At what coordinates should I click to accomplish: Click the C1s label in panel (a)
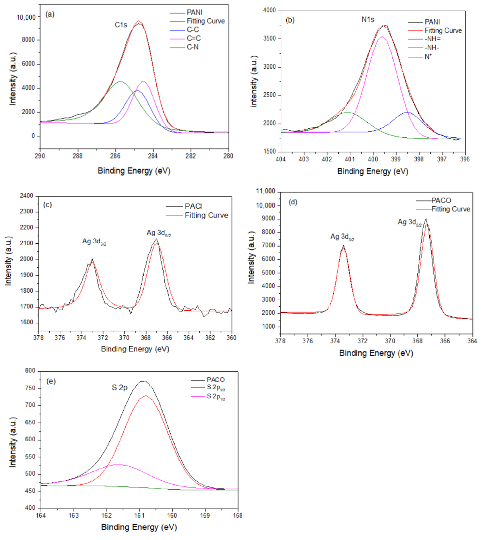[x=121, y=25]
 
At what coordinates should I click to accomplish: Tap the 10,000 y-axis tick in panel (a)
[x=26, y=17]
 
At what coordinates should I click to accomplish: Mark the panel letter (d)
[x=293, y=202]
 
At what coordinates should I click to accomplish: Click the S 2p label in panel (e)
[x=119, y=388]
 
